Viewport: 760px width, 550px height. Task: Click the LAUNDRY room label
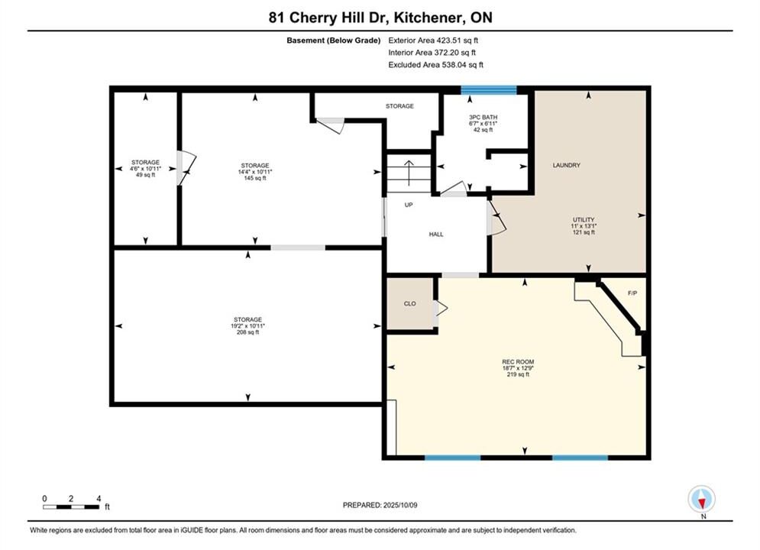[566, 165]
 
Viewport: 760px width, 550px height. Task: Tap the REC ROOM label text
[518, 361]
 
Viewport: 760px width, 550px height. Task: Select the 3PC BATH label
[483, 118]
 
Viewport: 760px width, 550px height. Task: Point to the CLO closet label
[409, 303]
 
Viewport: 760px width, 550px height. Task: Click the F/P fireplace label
[632, 293]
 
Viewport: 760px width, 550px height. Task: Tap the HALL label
[435, 234]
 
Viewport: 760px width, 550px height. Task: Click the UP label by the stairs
[409, 205]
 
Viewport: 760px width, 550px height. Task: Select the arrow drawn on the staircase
[409, 173]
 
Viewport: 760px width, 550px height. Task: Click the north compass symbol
[701, 498]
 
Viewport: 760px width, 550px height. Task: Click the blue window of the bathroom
[489, 89]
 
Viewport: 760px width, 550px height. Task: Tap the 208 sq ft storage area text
[247, 332]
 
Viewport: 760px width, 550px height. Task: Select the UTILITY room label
[583, 219]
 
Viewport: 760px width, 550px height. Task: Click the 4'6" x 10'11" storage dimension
[145, 169]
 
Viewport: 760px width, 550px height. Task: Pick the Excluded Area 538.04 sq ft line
[435, 64]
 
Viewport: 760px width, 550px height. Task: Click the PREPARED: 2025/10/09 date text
[380, 505]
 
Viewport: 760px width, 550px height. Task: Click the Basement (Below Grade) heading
[334, 40]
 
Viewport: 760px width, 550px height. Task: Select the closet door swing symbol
[440, 308]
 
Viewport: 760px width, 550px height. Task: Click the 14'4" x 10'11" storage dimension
[255, 172]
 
